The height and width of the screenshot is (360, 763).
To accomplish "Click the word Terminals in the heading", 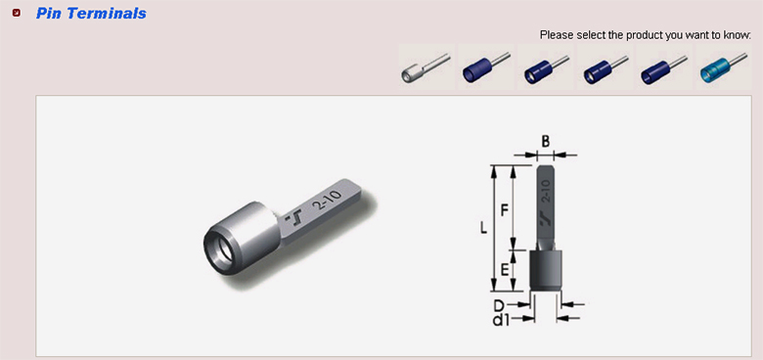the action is [107, 13].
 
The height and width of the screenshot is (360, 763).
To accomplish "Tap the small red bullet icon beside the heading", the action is [17, 13].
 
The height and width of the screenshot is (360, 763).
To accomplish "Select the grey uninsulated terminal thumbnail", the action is [426, 67].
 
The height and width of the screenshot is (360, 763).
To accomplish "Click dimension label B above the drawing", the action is [546, 142].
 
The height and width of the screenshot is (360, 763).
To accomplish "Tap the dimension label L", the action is [483, 228].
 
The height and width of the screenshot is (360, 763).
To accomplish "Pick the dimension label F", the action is [505, 210].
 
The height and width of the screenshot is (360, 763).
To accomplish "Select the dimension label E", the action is [505, 269].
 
